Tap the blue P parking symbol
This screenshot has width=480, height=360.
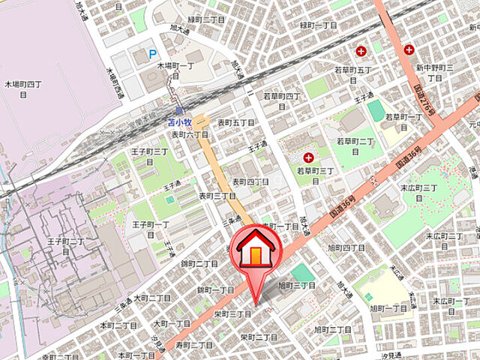[153, 54]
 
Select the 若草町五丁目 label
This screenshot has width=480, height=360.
[353, 75]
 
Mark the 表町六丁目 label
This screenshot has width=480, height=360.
[190, 135]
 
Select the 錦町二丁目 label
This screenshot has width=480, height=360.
[199, 264]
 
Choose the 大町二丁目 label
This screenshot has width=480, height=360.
[151, 298]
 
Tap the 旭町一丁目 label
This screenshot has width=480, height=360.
[388, 308]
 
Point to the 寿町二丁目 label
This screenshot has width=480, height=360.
[194, 345]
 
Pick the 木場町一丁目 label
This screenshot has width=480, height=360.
[174, 71]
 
